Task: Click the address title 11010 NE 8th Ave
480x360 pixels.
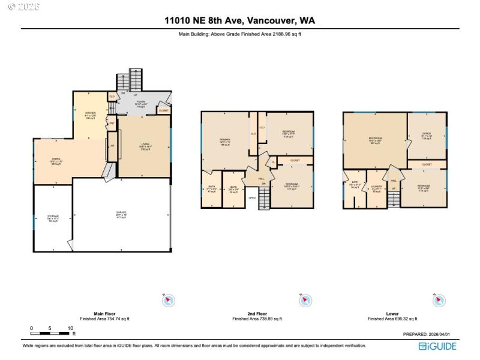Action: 240,20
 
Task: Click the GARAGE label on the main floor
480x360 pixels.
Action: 122,212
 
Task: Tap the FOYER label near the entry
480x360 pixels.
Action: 141,103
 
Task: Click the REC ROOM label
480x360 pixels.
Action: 376,140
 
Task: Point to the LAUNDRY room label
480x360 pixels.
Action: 376,188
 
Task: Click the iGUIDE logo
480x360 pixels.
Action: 437,346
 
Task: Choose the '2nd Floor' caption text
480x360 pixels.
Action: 257,313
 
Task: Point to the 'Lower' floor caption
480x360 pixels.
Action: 392,313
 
